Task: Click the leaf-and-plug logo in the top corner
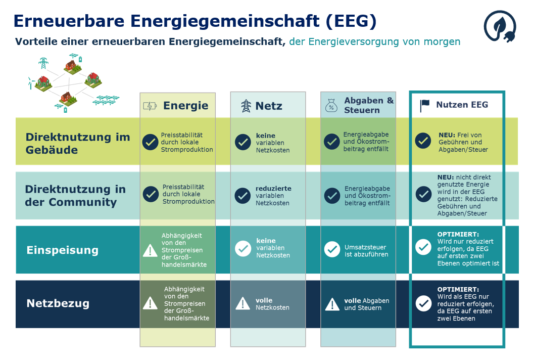[x=500, y=26]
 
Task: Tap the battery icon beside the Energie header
[x=150, y=106]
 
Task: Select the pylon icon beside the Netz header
[x=246, y=106]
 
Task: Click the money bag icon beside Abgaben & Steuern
[x=331, y=106]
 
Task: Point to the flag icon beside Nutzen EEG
[x=424, y=106]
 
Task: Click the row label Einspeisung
[x=63, y=250]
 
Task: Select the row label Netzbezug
[x=58, y=303]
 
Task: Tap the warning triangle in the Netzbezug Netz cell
[x=243, y=303]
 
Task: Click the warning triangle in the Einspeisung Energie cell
[x=150, y=250]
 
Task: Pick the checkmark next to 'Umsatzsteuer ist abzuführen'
[x=332, y=249]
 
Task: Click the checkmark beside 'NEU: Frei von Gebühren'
[x=423, y=141]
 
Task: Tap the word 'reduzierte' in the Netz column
[x=273, y=189]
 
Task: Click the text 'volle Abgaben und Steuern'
[x=367, y=304]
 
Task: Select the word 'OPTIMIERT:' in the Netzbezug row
[x=458, y=290]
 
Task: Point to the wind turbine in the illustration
[x=31, y=83]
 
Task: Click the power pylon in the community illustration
[x=43, y=63]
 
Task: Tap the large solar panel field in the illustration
[x=106, y=100]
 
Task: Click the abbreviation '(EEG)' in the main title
[x=351, y=21]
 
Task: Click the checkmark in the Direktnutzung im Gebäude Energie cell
[x=150, y=142]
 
